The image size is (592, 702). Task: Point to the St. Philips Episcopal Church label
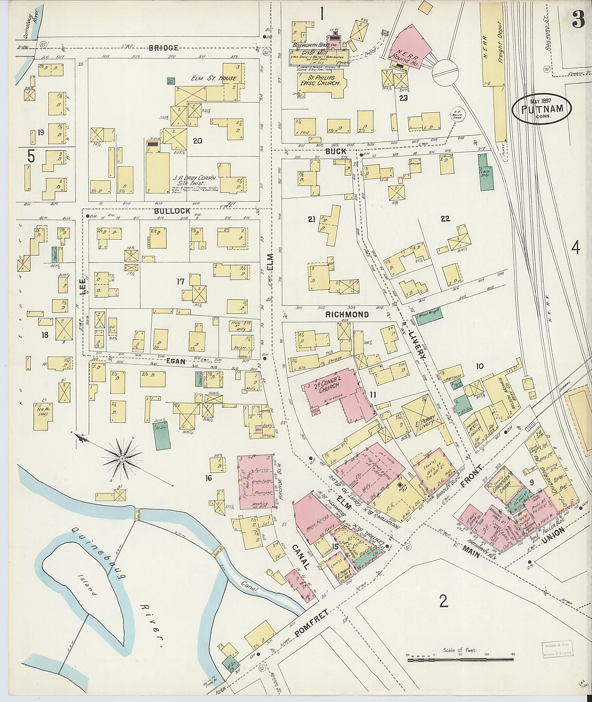coord(320,81)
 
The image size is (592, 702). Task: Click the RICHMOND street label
coord(347,314)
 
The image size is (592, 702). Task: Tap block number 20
coord(197,141)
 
